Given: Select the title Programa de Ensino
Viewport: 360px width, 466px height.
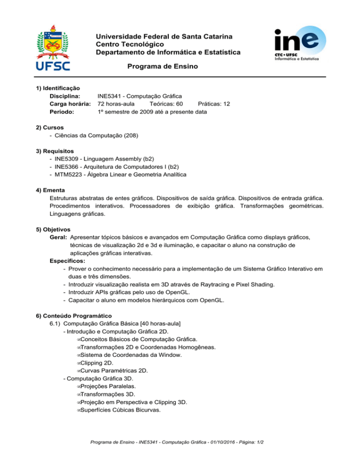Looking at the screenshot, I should tap(162, 67).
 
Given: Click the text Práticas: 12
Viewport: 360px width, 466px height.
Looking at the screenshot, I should tap(214, 104).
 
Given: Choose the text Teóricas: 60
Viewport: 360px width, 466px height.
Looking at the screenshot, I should tap(166, 104).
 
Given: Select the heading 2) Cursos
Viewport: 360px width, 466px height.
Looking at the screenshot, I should tap(50, 127).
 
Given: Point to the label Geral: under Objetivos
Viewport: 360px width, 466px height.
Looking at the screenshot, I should tap(58, 238).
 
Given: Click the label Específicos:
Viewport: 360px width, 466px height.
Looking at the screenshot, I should tap(65, 261).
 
